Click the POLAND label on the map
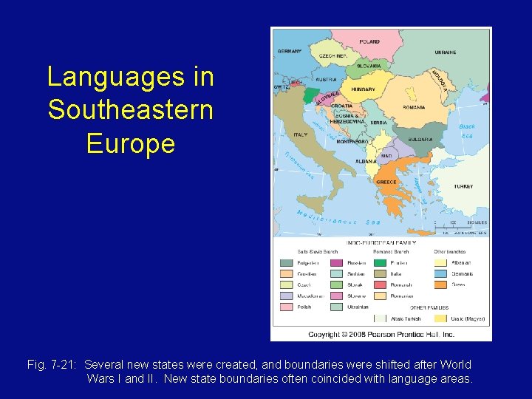tap(370, 42)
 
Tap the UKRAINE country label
tap(446, 53)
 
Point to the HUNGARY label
tap(364, 89)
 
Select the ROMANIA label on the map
tap(414, 107)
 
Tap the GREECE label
tap(386, 182)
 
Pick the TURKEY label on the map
tap(463, 186)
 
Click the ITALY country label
tap(301, 134)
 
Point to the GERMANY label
tap(289, 52)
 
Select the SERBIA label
tap(379, 123)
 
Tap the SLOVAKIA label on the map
tap(369, 66)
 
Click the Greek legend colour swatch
tap(440, 285)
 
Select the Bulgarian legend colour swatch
tap(286, 263)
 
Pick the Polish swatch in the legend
tap(286, 307)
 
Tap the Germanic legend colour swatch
tap(440, 274)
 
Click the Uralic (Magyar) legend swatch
tap(440, 318)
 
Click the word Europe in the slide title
tap(130, 143)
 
